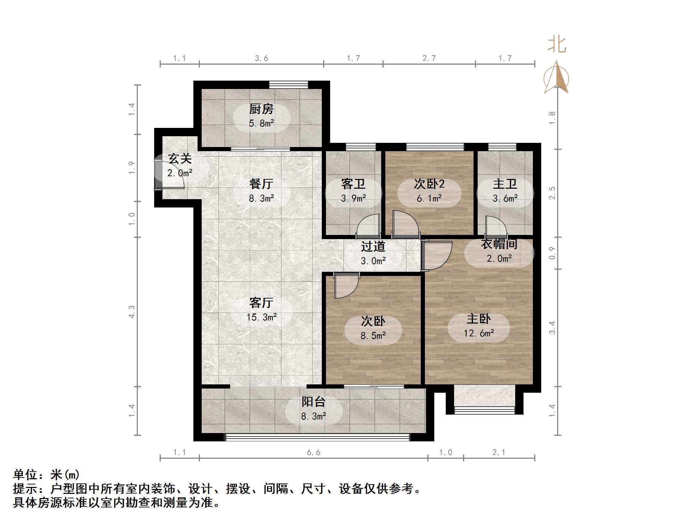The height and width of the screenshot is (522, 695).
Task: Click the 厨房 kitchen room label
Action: click(x=261, y=109)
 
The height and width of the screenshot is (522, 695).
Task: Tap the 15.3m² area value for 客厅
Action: click(x=261, y=317)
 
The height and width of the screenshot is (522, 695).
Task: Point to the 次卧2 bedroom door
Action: click(x=405, y=225)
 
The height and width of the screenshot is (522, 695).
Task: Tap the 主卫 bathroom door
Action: click(x=496, y=227)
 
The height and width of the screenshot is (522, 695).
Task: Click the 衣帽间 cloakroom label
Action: click(x=499, y=244)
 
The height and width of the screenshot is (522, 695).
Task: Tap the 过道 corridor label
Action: click(x=373, y=246)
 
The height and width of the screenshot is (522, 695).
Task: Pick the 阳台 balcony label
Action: click(x=313, y=402)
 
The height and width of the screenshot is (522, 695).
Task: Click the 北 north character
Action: click(x=557, y=45)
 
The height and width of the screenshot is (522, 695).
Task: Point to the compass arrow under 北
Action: click(x=557, y=78)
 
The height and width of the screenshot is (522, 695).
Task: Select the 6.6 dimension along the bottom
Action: click(x=313, y=452)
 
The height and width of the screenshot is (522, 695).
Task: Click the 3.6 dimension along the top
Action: click(x=261, y=58)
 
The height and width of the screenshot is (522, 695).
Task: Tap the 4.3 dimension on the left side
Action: click(x=132, y=311)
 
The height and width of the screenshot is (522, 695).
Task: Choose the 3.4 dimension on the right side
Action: click(x=552, y=327)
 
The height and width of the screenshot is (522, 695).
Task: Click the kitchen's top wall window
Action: click(x=288, y=84)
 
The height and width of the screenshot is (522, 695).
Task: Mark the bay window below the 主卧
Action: click(x=484, y=410)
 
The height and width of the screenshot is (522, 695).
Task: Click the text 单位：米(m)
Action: click(x=47, y=475)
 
